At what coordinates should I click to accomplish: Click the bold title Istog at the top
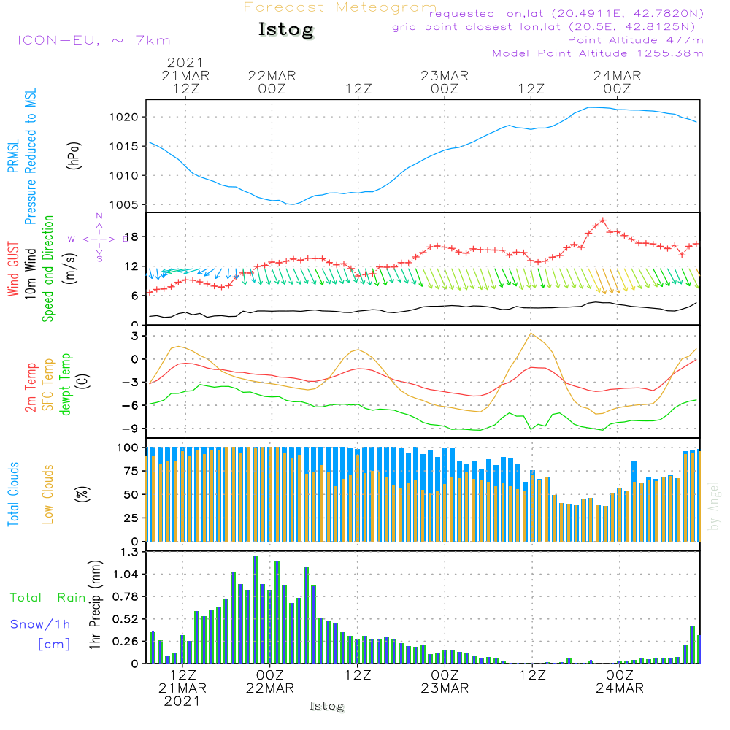click(285, 30)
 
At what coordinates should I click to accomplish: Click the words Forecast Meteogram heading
click(340, 7)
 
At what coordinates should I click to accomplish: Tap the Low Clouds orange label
click(48, 493)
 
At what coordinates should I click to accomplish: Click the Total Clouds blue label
click(13, 493)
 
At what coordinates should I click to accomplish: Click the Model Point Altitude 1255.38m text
click(598, 53)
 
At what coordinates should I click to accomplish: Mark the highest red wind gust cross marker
click(603, 220)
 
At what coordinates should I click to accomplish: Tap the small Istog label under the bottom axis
click(326, 706)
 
